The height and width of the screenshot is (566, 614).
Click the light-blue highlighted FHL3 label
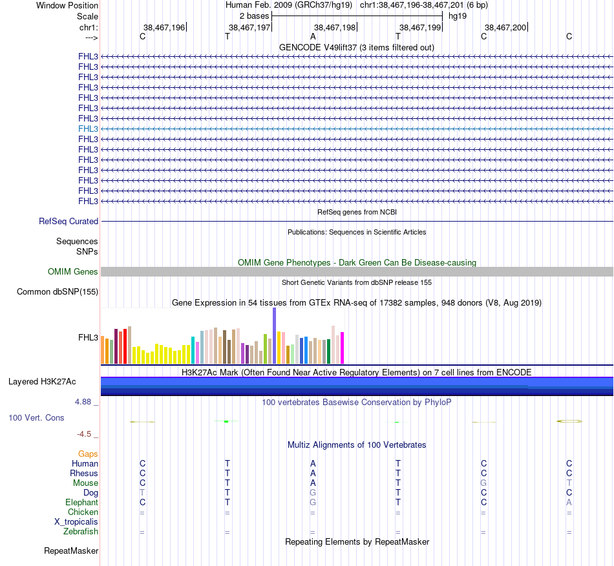pyautogui.click(x=88, y=129)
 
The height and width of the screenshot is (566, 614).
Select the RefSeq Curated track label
pyautogui.click(x=69, y=221)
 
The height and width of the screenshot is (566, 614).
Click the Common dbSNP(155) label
pyautogui.click(x=58, y=292)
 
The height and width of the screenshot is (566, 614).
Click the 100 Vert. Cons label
pyautogui.click(x=36, y=418)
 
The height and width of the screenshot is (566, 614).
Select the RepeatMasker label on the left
pyautogui.click(x=71, y=551)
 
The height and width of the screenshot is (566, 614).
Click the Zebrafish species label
pyautogui.click(x=81, y=532)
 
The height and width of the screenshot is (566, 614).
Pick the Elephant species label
pyautogui.click(x=81, y=502)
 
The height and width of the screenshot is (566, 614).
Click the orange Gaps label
pyautogui.click(x=88, y=454)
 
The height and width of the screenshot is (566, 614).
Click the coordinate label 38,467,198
pyautogui.click(x=334, y=27)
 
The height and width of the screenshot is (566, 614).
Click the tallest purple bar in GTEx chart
pyautogui.click(x=274, y=335)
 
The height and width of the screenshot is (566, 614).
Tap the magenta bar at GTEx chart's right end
pyautogui.click(x=342, y=348)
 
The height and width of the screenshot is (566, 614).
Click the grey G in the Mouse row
pyautogui.click(x=483, y=483)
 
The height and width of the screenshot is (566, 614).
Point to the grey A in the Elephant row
pyautogui.click(x=569, y=502)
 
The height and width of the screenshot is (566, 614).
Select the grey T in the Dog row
pyautogui.click(x=142, y=492)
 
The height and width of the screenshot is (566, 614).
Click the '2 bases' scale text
pyautogui.click(x=254, y=16)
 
